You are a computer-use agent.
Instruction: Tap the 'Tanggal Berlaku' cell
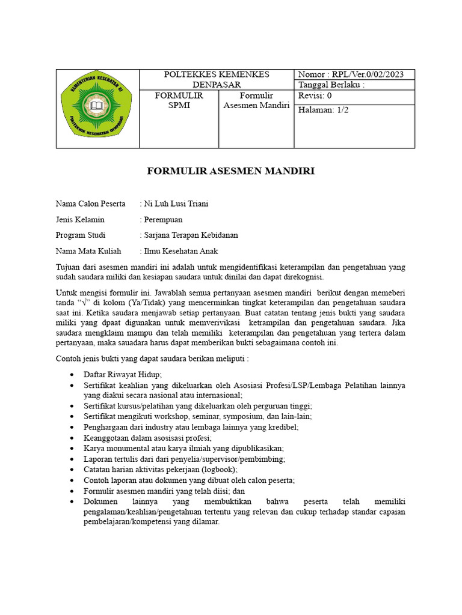[331, 85]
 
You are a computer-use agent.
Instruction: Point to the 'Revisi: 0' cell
[315, 96]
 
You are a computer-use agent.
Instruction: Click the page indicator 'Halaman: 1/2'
[323, 109]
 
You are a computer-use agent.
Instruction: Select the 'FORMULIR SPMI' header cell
[179, 101]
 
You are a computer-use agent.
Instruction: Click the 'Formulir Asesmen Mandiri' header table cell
[256, 101]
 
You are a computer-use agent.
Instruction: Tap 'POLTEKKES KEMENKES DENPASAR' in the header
[217, 79]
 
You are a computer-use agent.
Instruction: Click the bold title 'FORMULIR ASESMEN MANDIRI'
[231, 172]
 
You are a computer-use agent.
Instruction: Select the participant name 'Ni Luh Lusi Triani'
[176, 204]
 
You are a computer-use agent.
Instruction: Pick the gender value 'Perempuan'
[162, 219]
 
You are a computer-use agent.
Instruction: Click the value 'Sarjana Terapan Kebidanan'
[191, 235]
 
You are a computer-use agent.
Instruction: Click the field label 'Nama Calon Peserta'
[90, 204]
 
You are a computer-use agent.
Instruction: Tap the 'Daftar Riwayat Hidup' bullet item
[123, 374]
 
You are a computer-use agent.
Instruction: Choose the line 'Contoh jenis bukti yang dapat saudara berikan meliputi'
[152, 359]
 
